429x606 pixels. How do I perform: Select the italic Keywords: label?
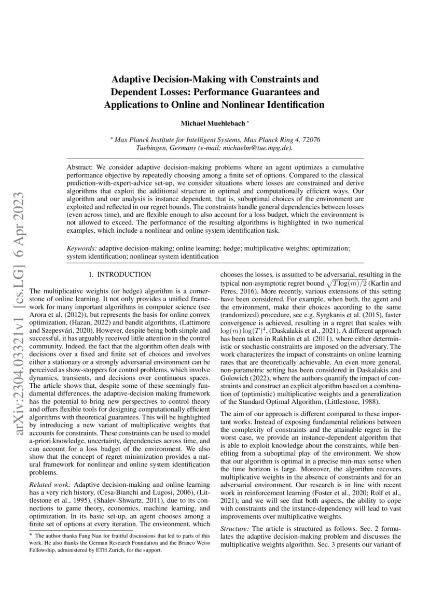(x=82, y=249)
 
